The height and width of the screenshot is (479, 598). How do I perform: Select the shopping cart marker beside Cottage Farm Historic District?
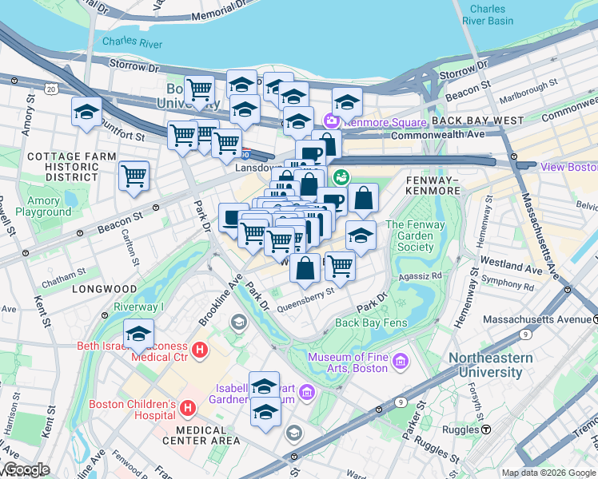tap(134, 176)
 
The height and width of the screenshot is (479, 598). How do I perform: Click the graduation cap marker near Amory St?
tap(86, 113)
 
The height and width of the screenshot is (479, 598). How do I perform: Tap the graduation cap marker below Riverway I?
tap(138, 334)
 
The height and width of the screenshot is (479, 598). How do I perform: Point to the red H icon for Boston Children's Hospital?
tap(188, 408)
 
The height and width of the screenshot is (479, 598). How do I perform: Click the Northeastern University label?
tap(496, 365)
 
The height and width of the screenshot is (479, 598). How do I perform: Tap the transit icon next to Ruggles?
tap(485, 430)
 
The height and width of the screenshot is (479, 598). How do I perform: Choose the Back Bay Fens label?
tap(371, 323)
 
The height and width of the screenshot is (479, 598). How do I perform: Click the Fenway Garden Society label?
tap(415, 236)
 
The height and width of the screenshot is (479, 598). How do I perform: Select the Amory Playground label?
tap(43, 207)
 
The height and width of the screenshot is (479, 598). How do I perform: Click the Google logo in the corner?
tap(26, 469)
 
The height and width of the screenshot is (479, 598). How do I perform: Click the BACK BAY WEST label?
tap(477, 121)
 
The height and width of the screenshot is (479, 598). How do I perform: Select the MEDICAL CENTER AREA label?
tap(201, 434)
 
